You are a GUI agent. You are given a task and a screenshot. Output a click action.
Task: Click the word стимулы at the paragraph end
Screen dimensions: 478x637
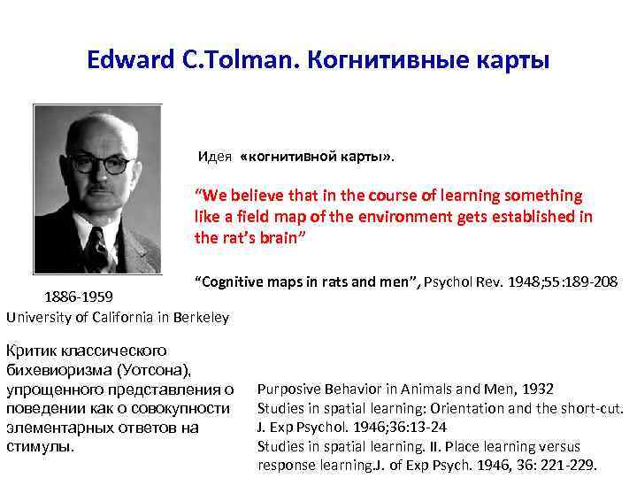pyautogui.click(x=34, y=446)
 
